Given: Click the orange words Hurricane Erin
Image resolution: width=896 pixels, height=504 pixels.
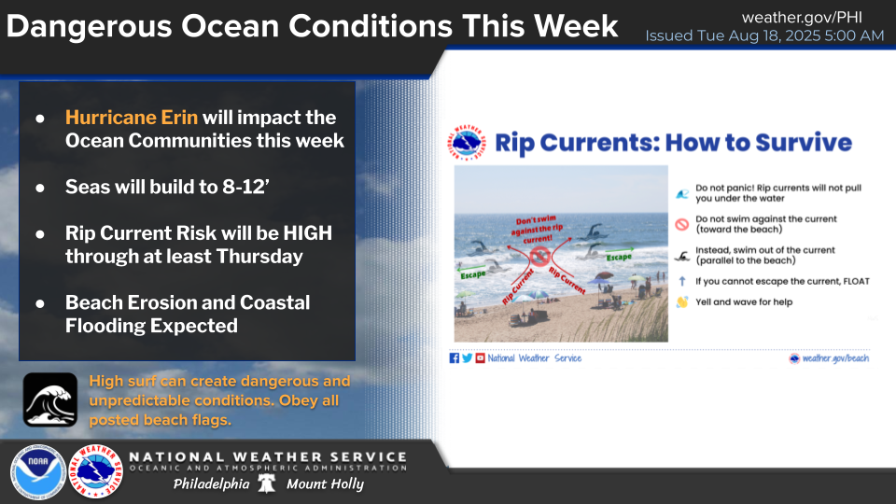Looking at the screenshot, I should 133,119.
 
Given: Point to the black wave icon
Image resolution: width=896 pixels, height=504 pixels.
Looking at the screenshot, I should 49,399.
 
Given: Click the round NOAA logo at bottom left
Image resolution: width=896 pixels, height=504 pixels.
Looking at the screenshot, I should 38,472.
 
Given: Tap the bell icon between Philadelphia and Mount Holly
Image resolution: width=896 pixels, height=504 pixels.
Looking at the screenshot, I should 267,484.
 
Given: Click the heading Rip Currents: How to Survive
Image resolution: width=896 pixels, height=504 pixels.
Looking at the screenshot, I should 672,143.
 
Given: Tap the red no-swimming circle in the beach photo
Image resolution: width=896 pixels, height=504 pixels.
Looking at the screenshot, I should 539,254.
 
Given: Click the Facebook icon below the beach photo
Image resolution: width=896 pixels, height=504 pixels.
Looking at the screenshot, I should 455,358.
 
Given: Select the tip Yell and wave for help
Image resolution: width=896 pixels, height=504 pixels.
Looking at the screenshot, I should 744,302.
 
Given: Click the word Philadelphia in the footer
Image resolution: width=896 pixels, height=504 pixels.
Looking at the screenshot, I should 211,484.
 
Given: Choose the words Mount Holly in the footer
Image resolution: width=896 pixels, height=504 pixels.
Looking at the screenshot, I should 325,484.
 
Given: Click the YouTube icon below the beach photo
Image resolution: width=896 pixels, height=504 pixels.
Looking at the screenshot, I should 480,358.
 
